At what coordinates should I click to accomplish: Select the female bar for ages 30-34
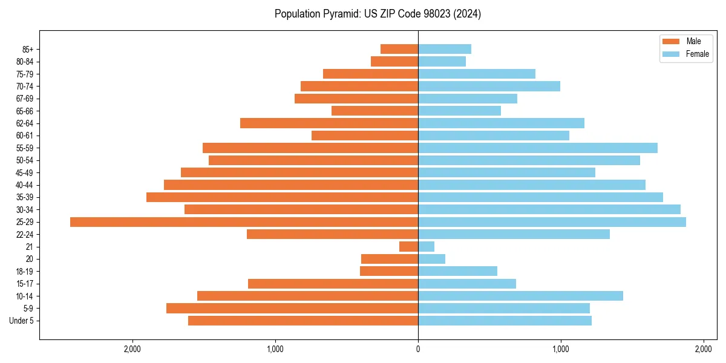(x=549, y=209)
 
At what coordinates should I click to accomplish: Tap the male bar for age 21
(x=408, y=247)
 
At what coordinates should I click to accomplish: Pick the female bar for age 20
(x=431, y=259)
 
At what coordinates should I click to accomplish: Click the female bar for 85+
(x=444, y=49)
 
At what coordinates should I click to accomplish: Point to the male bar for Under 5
(x=302, y=321)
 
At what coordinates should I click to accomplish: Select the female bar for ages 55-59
(x=537, y=148)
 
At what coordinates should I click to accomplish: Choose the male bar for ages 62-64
(x=329, y=123)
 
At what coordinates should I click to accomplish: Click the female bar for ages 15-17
(x=466, y=284)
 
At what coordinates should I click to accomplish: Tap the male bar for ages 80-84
(x=394, y=61)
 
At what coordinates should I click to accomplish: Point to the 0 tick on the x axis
(x=418, y=349)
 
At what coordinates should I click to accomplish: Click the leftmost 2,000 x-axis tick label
(x=132, y=349)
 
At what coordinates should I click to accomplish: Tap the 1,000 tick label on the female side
(x=561, y=349)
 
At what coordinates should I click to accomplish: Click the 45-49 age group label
(x=25, y=172)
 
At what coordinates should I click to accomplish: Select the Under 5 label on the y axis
(x=21, y=321)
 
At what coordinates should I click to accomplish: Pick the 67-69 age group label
(x=25, y=99)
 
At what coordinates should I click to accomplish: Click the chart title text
(x=378, y=14)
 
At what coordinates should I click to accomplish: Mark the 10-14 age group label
(x=25, y=296)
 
